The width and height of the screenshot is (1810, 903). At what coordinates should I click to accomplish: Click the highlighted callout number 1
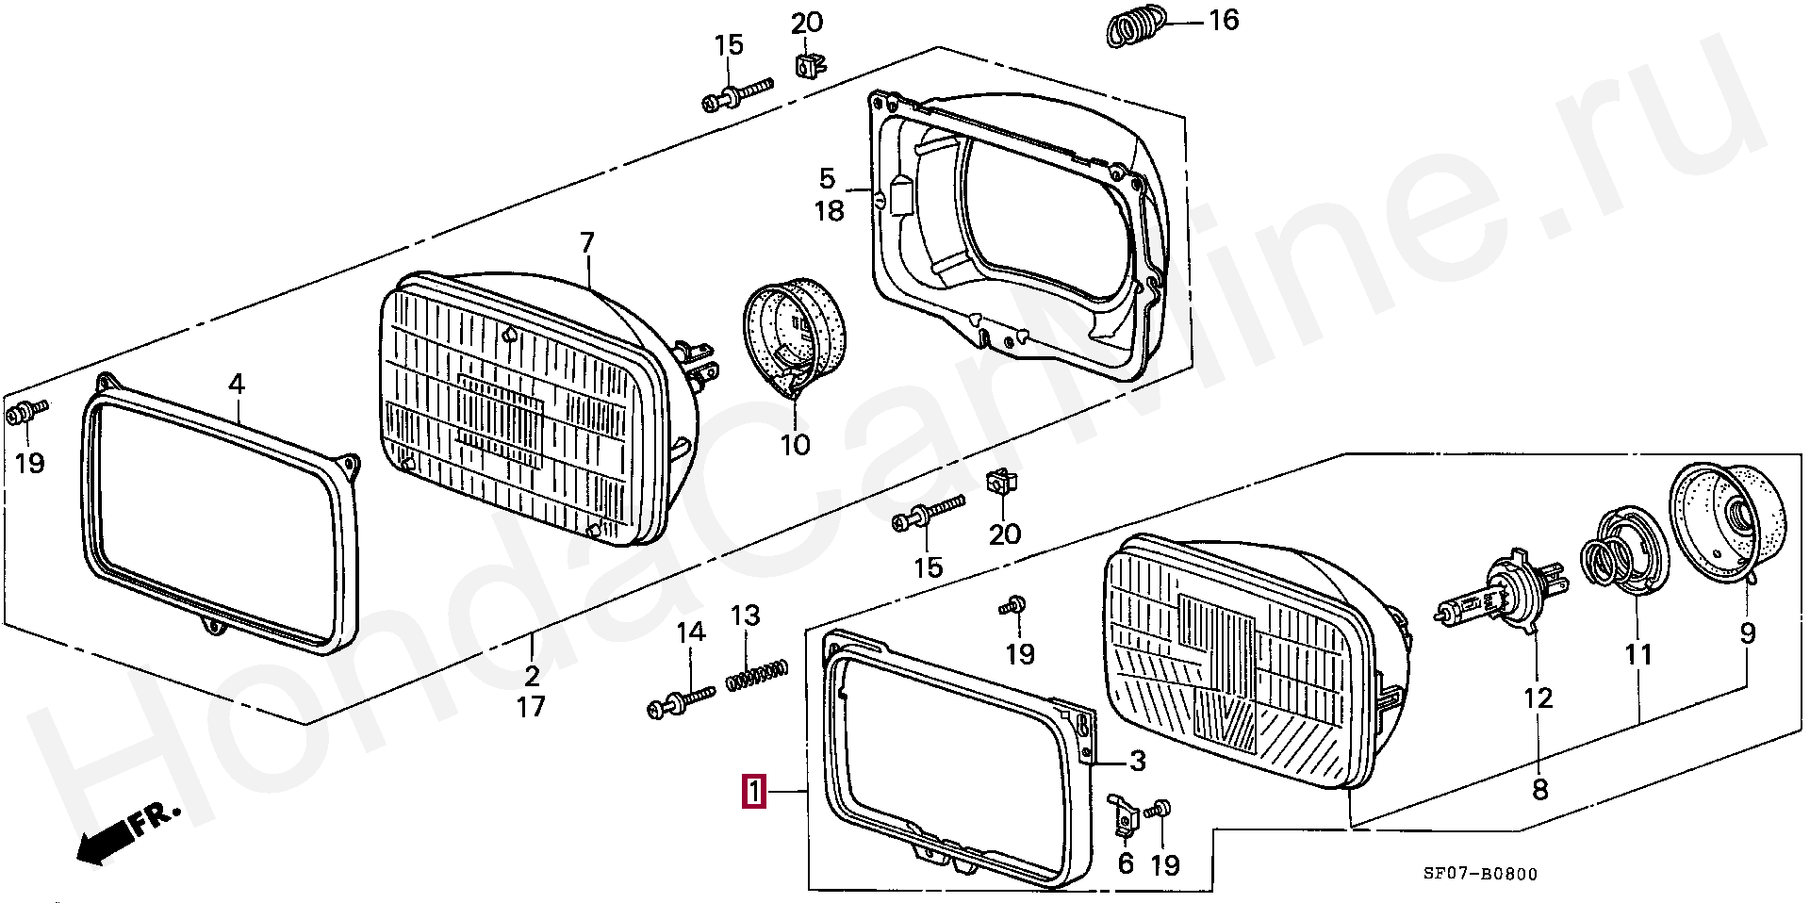point(754,792)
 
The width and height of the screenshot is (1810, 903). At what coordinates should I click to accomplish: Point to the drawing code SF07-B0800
point(1480,874)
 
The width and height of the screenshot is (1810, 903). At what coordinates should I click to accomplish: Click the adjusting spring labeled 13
point(757,674)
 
